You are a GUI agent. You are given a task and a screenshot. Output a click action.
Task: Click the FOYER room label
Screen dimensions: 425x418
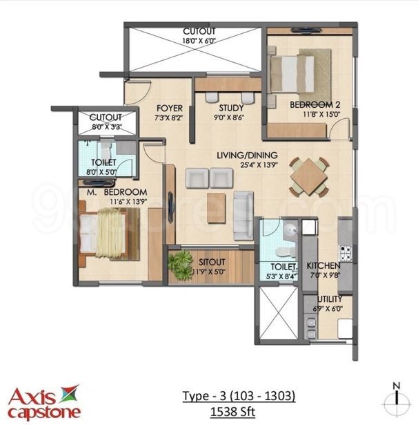[169, 108]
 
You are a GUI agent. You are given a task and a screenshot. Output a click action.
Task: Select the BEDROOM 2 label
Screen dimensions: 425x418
[315, 105]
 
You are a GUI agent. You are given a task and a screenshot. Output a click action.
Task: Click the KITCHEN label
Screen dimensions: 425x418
[323, 266]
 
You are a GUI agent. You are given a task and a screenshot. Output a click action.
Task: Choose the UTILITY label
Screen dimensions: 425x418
[328, 299]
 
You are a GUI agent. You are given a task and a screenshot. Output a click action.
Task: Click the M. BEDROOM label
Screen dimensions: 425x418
[117, 191]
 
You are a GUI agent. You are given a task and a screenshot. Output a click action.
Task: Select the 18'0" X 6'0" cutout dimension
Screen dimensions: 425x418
[199, 41]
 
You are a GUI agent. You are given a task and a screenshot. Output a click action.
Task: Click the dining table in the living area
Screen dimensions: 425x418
[308, 176]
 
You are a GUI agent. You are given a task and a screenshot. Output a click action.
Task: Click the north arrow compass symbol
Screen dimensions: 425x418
[396, 398]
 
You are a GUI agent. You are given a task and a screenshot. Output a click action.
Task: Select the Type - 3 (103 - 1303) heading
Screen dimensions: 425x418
[239, 396]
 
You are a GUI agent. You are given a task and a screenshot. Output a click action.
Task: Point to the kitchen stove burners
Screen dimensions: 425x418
[344, 252]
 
